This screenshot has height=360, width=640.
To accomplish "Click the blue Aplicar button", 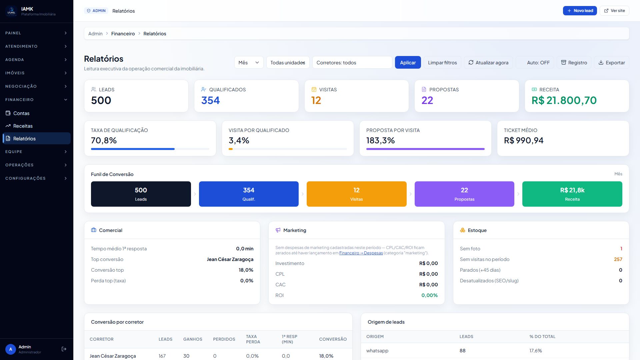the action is pyautogui.click(x=408, y=63).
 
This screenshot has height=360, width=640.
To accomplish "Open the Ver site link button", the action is pyautogui.click(x=614, y=11).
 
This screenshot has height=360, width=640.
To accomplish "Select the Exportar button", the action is pyautogui.click(x=611, y=63).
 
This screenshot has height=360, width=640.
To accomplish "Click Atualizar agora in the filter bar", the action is pyautogui.click(x=488, y=63).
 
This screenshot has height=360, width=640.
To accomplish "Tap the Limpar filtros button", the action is pyautogui.click(x=442, y=63).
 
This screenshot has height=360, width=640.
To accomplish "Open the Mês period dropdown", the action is pyautogui.click(x=249, y=63).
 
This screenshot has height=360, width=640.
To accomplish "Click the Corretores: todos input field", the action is pyautogui.click(x=352, y=63).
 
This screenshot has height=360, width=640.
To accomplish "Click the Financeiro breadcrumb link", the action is pyautogui.click(x=123, y=34).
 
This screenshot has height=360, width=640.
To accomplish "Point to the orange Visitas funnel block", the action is pyautogui.click(x=356, y=194).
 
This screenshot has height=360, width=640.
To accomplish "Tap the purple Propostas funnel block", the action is pyautogui.click(x=464, y=194).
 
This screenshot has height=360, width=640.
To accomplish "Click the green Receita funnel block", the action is pyautogui.click(x=572, y=194).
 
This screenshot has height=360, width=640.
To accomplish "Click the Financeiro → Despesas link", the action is pyautogui.click(x=361, y=253).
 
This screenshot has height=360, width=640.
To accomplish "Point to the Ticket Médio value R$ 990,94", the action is pyautogui.click(x=524, y=141).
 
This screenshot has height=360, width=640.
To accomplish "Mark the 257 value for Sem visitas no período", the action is pyautogui.click(x=618, y=259).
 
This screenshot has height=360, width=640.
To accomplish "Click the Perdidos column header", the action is pyautogui.click(x=224, y=339).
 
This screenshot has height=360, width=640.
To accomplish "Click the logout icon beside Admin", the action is pyautogui.click(x=64, y=349).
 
